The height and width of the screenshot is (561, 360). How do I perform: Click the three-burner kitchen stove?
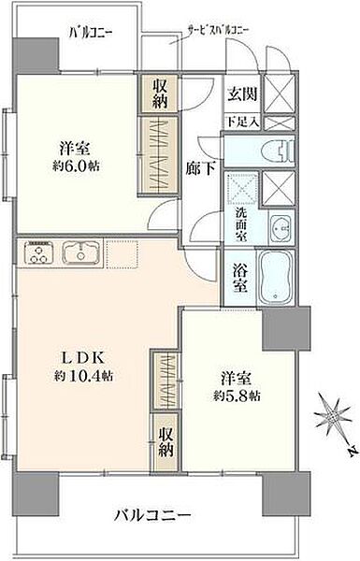coord(41,252)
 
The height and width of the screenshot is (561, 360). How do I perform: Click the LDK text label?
coord(89,358)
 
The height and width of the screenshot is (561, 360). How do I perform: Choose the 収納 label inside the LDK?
coord(165,441)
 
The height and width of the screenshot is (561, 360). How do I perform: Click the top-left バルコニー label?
coord(92,34)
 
